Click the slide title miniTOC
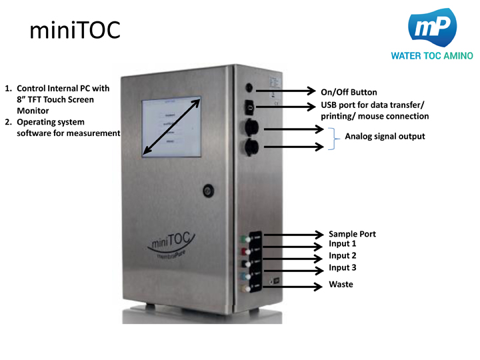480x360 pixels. tap(75, 29)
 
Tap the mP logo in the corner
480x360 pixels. tap(435, 28)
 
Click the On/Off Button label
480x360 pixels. tap(349, 92)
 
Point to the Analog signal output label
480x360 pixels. tap(384, 137)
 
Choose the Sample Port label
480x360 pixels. tap(352, 234)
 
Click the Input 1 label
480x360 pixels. tap(342, 245)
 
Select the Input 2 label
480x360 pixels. tap(342, 256)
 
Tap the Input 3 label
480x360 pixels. tap(342, 268)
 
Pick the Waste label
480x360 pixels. tap(341, 285)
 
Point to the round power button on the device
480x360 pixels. tap(249, 88)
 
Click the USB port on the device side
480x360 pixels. tap(249, 106)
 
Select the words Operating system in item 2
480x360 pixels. tap(51, 122)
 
